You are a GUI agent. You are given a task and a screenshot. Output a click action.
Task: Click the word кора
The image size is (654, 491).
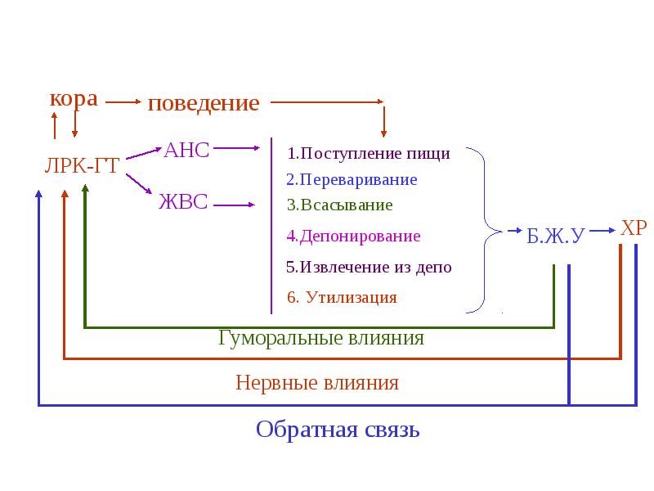click(x=74, y=99)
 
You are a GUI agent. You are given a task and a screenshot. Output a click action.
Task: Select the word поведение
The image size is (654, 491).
click(x=204, y=103)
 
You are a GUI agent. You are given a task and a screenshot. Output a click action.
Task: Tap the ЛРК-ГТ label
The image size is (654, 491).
click(x=83, y=166)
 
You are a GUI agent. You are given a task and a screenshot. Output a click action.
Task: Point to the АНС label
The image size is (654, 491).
click(x=186, y=150)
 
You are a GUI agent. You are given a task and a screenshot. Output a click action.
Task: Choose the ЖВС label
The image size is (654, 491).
click(x=183, y=201)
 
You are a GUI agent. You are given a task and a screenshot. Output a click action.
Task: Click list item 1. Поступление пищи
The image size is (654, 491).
click(x=369, y=153)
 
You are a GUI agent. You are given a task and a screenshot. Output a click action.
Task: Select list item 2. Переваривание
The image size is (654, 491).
click(x=352, y=179)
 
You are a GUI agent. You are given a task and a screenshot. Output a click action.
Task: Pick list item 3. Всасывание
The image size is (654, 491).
click(x=339, y=205)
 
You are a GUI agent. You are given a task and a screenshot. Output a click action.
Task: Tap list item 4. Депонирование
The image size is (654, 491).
click(x=353, y=236)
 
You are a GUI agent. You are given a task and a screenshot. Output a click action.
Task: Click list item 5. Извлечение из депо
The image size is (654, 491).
click(x=369, y=267)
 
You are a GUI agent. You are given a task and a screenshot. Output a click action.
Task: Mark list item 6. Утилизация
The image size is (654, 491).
click(x=342, y=297)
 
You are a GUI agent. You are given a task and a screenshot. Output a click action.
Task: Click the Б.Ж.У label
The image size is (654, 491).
click(x=556, y=236)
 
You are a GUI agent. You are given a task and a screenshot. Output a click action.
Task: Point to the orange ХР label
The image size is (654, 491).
click(x=634, y=228)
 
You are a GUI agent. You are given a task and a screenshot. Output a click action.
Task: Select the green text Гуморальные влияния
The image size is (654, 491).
click(x=321, y=338)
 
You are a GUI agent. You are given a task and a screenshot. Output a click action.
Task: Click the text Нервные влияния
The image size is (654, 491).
click(x=317, y=382)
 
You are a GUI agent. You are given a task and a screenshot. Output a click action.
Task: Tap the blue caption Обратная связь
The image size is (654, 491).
click(x=338, y=430)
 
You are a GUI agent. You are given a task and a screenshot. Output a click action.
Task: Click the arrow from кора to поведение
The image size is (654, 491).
click(x=123, y=101)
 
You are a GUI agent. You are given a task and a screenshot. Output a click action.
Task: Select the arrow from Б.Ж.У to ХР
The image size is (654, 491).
click(x=602, y=230)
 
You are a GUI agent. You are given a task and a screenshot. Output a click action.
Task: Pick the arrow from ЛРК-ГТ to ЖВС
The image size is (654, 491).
click(x=139, y=184)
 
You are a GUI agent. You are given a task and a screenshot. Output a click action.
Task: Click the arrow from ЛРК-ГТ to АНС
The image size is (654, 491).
click(x=144, y=153)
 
